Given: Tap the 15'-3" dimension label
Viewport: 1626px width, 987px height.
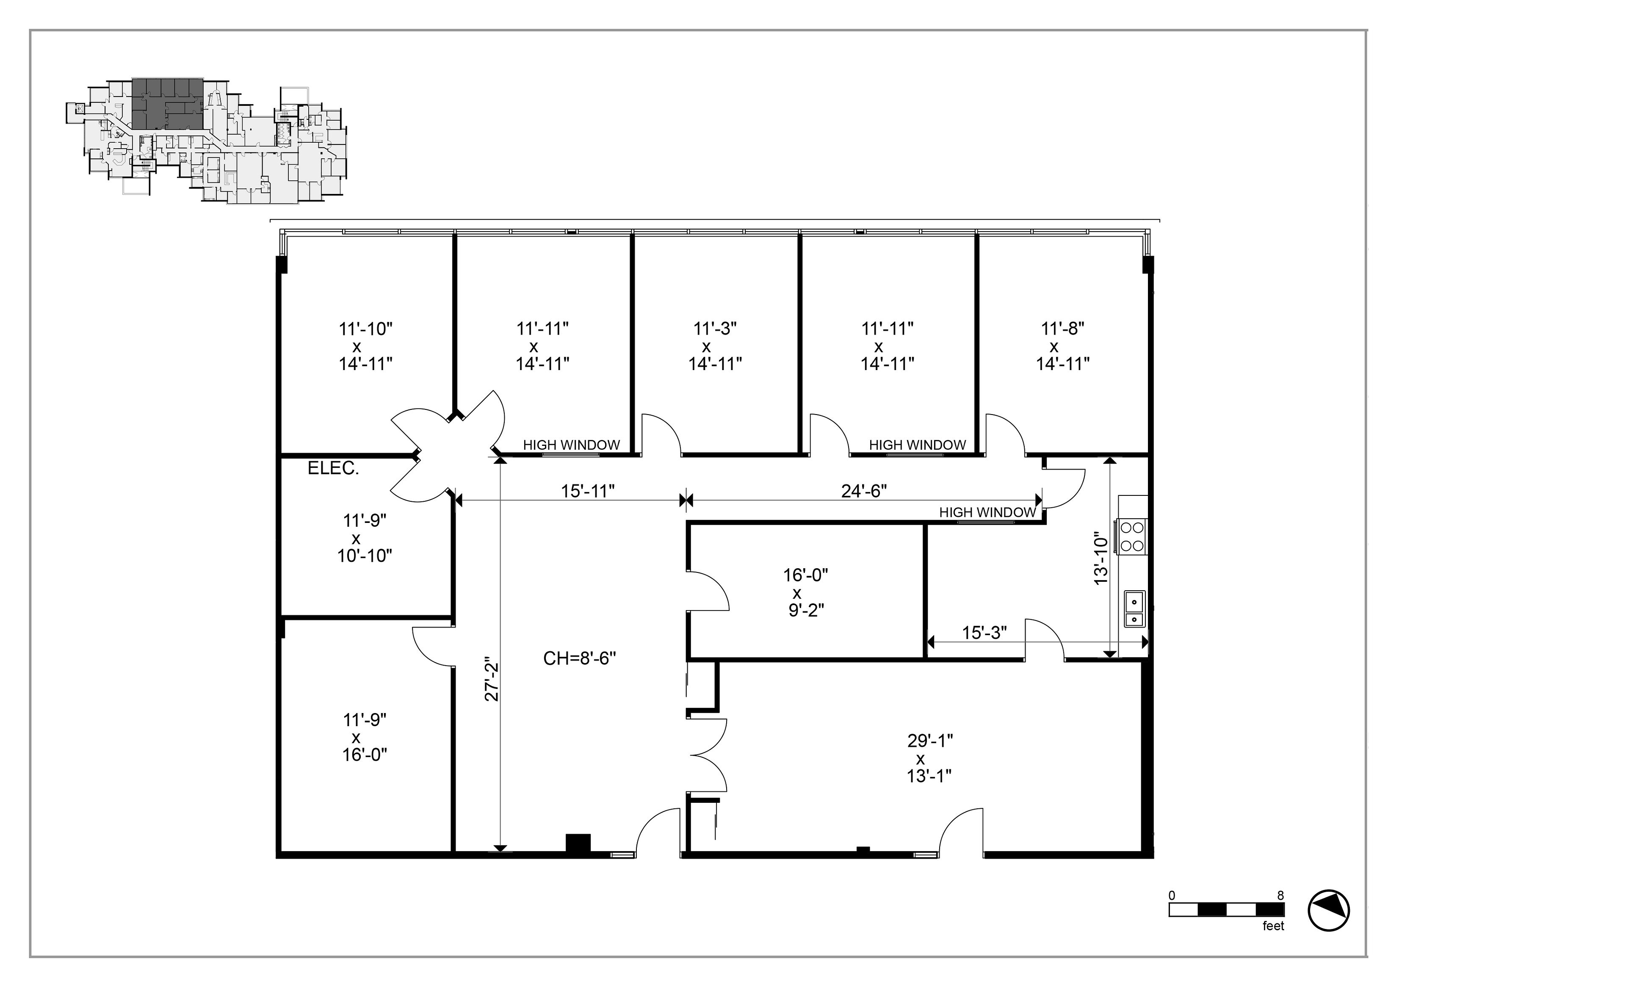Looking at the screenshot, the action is (x=984, y=633).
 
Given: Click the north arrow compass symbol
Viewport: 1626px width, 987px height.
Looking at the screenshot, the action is (x=1328, y=910).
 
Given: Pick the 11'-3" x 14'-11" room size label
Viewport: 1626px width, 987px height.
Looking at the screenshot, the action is (x=715, y=346).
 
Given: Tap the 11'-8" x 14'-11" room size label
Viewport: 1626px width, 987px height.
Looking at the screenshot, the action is (x=1062, y=346).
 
